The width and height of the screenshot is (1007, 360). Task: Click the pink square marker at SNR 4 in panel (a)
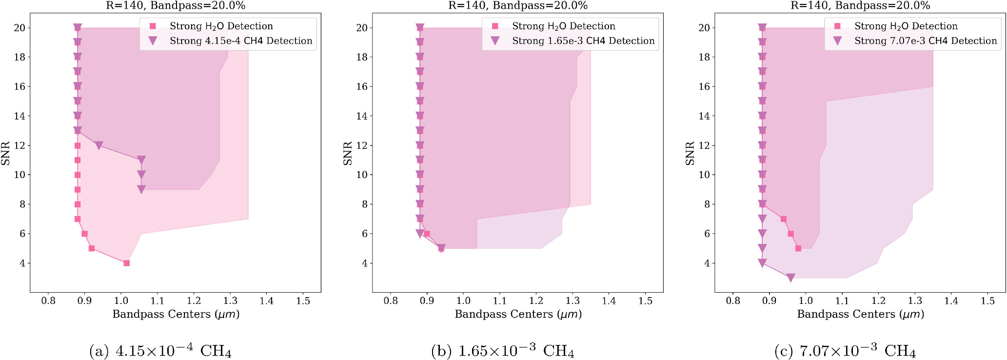pos(127,263)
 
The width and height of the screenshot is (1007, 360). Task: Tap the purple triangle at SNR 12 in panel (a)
pos(99,145)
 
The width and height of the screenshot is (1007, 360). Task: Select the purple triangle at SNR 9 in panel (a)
pos(141,189)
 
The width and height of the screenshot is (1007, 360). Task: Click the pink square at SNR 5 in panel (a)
pos(92,248)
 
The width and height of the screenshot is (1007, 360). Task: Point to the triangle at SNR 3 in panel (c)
pos(791,278)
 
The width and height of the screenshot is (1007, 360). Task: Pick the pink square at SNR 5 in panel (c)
pos(798,248)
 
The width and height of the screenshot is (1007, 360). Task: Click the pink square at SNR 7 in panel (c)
pos(784,219)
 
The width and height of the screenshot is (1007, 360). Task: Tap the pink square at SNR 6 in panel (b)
pos(427,234)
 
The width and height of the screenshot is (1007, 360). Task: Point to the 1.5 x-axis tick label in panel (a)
pos(303,301)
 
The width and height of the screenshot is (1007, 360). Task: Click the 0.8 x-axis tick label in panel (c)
pos(733,301)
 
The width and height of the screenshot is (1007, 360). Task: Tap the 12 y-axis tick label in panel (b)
pos(361,145)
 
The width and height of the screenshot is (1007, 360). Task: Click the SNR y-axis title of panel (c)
pos(690,153)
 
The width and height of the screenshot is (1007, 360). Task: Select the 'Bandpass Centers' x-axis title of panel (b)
pos(518,314)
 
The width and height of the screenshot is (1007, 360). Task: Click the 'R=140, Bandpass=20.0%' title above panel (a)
pos(176,6)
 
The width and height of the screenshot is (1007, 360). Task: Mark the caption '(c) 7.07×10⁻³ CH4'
pos(845,351)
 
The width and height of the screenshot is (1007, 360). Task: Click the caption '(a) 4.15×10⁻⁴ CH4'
pos(160,351)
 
